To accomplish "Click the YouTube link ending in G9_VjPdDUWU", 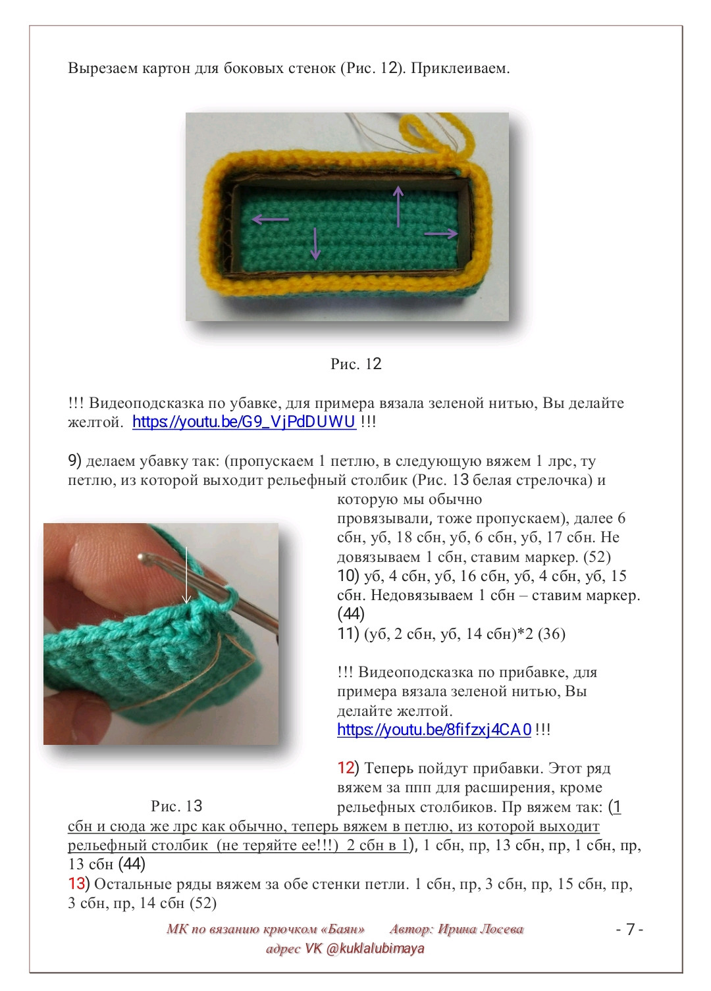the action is (244, 422).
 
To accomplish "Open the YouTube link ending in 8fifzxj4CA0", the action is (434, 730).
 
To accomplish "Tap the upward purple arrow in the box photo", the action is (398, 206).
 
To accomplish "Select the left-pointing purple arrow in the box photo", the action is (270, 218).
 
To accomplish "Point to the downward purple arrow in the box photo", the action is (315, 243).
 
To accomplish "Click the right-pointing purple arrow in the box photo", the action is (441, 233).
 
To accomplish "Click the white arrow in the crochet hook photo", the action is (186, 575).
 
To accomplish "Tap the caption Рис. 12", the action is (355, 364).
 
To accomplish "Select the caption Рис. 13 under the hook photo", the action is (176, 805).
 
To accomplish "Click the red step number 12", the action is (346, 767).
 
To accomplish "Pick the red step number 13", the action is (76, 884).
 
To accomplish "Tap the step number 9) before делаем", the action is (74, 461).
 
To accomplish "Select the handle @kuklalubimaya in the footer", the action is (375, 948).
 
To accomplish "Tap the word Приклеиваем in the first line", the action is (460, 68).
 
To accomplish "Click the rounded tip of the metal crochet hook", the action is (142, 558).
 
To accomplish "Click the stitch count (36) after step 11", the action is (552, 634).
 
